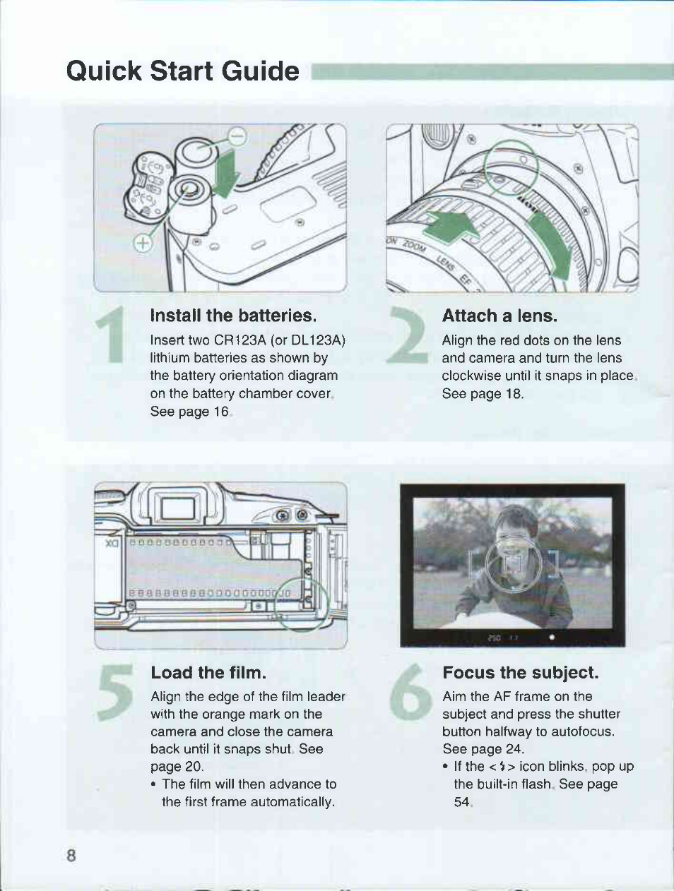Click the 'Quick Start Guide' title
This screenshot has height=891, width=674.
pyautogui.click(x=183, y=71)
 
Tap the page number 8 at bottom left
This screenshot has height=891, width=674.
pyautogui.click(x=71, y=855)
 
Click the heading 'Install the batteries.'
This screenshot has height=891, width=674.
pyautogui.click(x=233, y=316)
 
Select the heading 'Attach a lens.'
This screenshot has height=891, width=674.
pyautogui.click(x=499, y=316)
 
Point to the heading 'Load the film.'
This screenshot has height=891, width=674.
pyautogui.click(x=208, y=673)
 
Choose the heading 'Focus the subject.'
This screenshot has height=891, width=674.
pyautogui.click(x=521, y=673)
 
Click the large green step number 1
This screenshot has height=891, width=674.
pyautogui.click(x=111, y=334)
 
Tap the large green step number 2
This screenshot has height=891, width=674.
pyautogui.click(x=407, y=334)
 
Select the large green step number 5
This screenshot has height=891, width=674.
pyautogui.click(x=115, y=692)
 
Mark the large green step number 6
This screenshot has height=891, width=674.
pyautogui.click(x=410, y=692)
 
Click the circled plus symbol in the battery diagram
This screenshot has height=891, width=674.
pyautogui.click(x=143, y=243)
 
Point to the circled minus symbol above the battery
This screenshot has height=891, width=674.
pyautogui.click(x=237, y=136)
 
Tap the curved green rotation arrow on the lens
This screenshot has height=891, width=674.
pyautogui.click(x=553, y=246)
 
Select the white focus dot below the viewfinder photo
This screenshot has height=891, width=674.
pyautogui.click(x=552, y=637)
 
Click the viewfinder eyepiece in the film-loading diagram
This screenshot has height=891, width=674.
pyautogui.click(x=179, y=508)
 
